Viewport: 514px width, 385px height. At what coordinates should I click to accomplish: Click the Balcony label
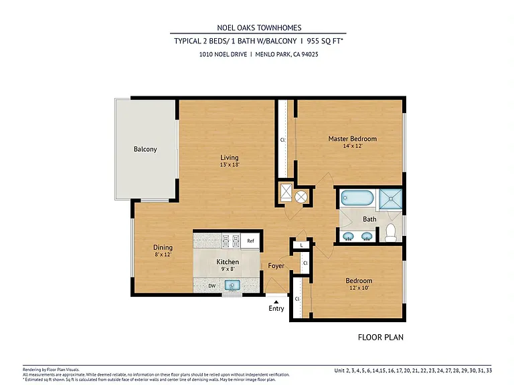tap(145, 149)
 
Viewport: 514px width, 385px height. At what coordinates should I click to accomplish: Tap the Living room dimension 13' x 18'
tap(230, 164)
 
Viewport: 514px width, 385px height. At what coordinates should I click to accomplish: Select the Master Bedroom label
tap(353, 138)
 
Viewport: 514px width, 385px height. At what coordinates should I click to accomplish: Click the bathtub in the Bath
tap(357, 198)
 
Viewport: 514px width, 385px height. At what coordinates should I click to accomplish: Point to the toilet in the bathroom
tap(390, 233)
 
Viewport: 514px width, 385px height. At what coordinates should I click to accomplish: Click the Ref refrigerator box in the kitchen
tap(250, 241)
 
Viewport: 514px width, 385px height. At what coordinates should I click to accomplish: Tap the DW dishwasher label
tap(212, 286)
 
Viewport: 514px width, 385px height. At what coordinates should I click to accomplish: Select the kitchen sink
tap(232, 285)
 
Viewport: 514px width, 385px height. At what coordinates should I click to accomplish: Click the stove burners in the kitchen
tap(231, 241)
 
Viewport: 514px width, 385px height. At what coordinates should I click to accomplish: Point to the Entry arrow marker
tap(276, 302)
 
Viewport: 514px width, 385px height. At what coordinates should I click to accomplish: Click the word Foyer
tap(276, 266)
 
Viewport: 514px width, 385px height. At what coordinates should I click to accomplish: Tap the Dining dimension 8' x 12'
tap(163, 255)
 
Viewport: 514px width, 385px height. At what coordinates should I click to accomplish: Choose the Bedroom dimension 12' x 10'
tap(359, 288)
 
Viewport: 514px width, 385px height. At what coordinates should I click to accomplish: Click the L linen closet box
tap(301, 245)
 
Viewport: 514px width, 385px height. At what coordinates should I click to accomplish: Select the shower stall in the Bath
tap(390, 199)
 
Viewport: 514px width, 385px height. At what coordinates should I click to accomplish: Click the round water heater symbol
tap(301, 197)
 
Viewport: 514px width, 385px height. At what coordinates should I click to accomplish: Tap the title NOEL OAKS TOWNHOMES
tap(259, 28)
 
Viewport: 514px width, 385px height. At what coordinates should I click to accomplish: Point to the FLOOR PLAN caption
tap(381, 337)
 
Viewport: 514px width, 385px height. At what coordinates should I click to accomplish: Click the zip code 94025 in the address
tap(309, 54)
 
